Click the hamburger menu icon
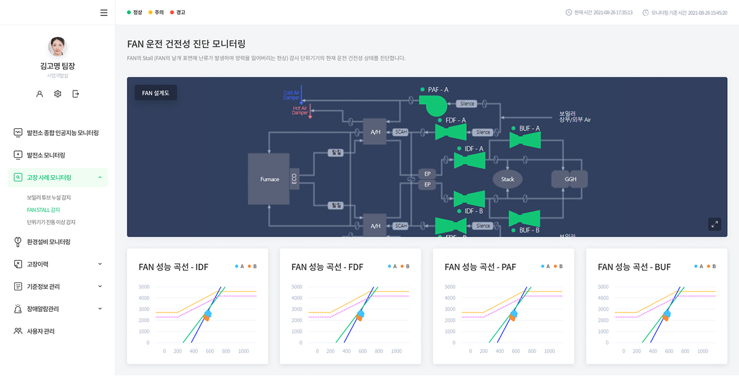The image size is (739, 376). click(x=103, y=12)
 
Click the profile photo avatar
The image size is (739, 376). click(x=57, y=47)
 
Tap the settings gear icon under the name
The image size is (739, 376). click(x=57, y=94)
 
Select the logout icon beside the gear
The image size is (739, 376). click(x=76, y=94)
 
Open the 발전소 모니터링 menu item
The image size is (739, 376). click(x=46, y=155)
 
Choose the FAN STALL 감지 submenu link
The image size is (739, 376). click(x=43, y=210)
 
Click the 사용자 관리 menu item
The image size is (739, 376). click(x=40, y=331)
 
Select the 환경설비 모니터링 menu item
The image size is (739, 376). click(x=48, y=242)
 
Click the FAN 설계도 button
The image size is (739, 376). click(x=156, y=93)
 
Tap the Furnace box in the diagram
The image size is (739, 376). click(x=269, y=179)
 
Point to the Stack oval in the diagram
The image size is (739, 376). click(x=507, y=179)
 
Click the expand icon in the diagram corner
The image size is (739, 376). click(x=714, y=224)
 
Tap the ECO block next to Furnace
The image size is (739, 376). click(x=294, y=179)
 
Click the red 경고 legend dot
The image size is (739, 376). click(x=172, y=12)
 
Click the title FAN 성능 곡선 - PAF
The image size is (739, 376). click(x=480, y=267)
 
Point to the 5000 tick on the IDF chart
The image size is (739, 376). click(x=143, y=287)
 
